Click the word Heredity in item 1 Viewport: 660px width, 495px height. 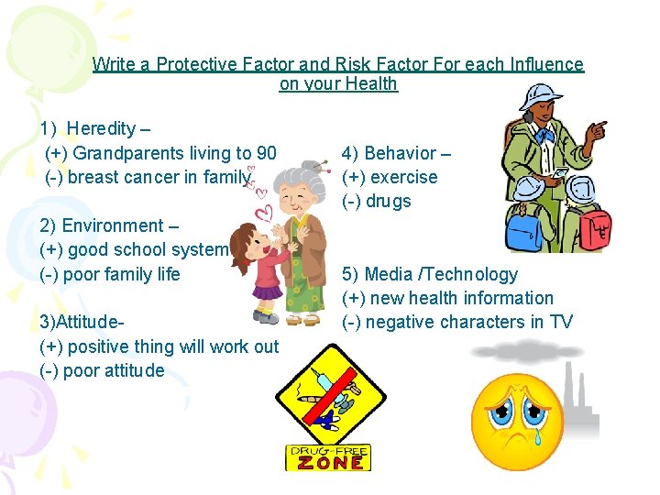(x=101, y=128)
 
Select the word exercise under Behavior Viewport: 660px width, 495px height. (x=403, y=177)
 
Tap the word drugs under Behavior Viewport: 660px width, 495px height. (x=389, y=201)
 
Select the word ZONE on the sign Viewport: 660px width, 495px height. (x=328, y=463)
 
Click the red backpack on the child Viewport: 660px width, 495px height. (x=590, y=224)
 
